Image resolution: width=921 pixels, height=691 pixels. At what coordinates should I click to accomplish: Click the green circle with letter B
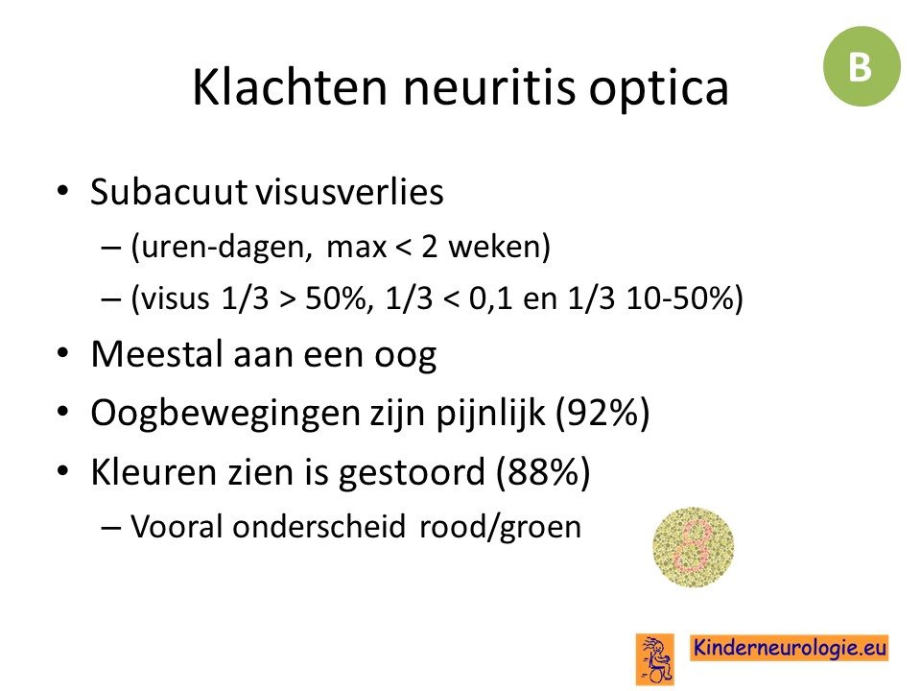[862, 66]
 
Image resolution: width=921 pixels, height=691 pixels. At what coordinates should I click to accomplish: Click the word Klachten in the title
[290, 87]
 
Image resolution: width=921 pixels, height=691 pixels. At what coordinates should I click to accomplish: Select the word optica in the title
[658, 88]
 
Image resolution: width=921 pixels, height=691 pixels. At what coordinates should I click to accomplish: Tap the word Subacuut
[168, 191]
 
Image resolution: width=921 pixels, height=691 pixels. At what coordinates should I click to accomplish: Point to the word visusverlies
[349, 191]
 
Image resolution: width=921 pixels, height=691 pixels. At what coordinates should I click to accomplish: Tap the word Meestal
[157, 354]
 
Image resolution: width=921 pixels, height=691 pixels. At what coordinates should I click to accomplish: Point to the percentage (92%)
[602, 413]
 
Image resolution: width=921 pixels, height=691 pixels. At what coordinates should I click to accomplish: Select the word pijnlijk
[490, 413]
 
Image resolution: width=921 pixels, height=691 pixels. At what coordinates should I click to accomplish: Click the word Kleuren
[153, 471]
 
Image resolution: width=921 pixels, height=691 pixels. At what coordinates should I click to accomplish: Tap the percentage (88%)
[543, 471]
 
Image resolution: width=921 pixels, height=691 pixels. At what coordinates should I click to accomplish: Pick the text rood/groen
[500, 527]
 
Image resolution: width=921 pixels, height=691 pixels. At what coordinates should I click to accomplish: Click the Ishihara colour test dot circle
[693, 546]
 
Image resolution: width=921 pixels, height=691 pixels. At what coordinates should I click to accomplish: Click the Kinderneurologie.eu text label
[789, 648]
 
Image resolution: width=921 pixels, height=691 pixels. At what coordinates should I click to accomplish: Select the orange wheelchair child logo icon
[655, 659]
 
